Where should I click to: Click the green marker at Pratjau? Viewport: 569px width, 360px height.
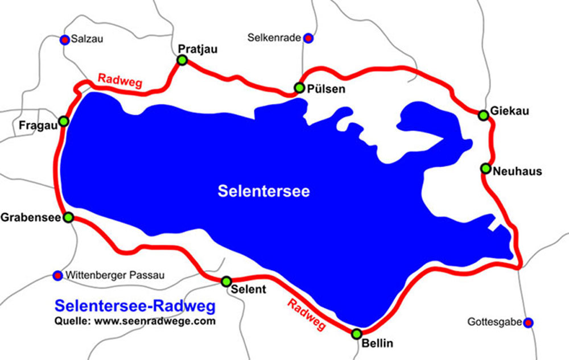(x=182, y=60)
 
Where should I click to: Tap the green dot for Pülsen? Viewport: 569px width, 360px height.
(x=299, y=88)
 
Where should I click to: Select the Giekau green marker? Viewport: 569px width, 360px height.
(x=484, y=115)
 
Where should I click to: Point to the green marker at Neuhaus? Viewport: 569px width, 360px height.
(x=485, y=168)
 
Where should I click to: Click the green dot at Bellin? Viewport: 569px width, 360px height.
(x=357, y=334)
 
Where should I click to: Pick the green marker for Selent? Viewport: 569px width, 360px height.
(x=226, y=282)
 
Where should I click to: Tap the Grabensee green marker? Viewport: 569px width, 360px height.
(x=68, y=217)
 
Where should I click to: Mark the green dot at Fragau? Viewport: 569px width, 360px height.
(x=64, y=121)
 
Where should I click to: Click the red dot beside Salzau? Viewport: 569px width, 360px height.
(x=65, y=39)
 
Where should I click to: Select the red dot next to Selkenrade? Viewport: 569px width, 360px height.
(x=308, y=38)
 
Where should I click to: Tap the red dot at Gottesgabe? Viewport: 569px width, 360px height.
(x=529, y=322)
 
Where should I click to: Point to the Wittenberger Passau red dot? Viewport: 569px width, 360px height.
(x=57, y=275)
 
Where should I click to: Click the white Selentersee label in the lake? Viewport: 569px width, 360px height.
(x=263, y=191)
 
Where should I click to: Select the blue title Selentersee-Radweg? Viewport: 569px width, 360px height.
(x=135, y=307)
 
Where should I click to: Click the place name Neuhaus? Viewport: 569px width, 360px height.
(x=518, y=170)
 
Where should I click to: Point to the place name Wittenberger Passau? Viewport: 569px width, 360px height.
(x=115, y=275)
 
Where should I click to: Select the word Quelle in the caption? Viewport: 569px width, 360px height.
(x=69, y=321)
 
